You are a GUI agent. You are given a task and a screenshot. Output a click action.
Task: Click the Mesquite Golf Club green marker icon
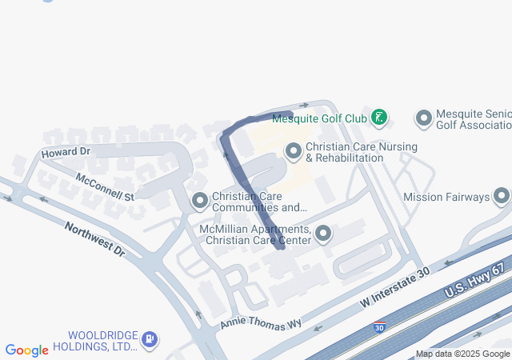click(379, 118)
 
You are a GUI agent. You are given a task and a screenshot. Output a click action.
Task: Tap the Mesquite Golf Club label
click(319, 118)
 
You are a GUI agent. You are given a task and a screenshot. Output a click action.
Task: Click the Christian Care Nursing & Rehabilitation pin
click(294, 150)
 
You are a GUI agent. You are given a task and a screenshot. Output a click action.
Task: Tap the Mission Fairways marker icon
click(502, 196)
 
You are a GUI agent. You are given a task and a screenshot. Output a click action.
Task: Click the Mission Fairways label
click(446, 197)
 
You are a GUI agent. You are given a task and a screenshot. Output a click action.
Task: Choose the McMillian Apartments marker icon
click(323, 234)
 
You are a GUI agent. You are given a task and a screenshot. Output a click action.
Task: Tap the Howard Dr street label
click(66, 151)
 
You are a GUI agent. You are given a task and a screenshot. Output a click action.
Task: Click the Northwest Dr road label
click(95, 238)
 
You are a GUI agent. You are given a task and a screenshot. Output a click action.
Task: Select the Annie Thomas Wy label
click(261, 322)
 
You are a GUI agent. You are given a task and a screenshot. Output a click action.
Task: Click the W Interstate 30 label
click(395, 288)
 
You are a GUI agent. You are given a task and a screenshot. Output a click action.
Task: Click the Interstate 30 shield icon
click(379, 326)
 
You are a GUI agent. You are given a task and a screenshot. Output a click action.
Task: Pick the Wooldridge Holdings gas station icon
click(149, 339)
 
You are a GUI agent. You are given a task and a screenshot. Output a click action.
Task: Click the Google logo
click(26, 350)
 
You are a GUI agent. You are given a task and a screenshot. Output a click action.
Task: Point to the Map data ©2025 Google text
click(462, 354)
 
